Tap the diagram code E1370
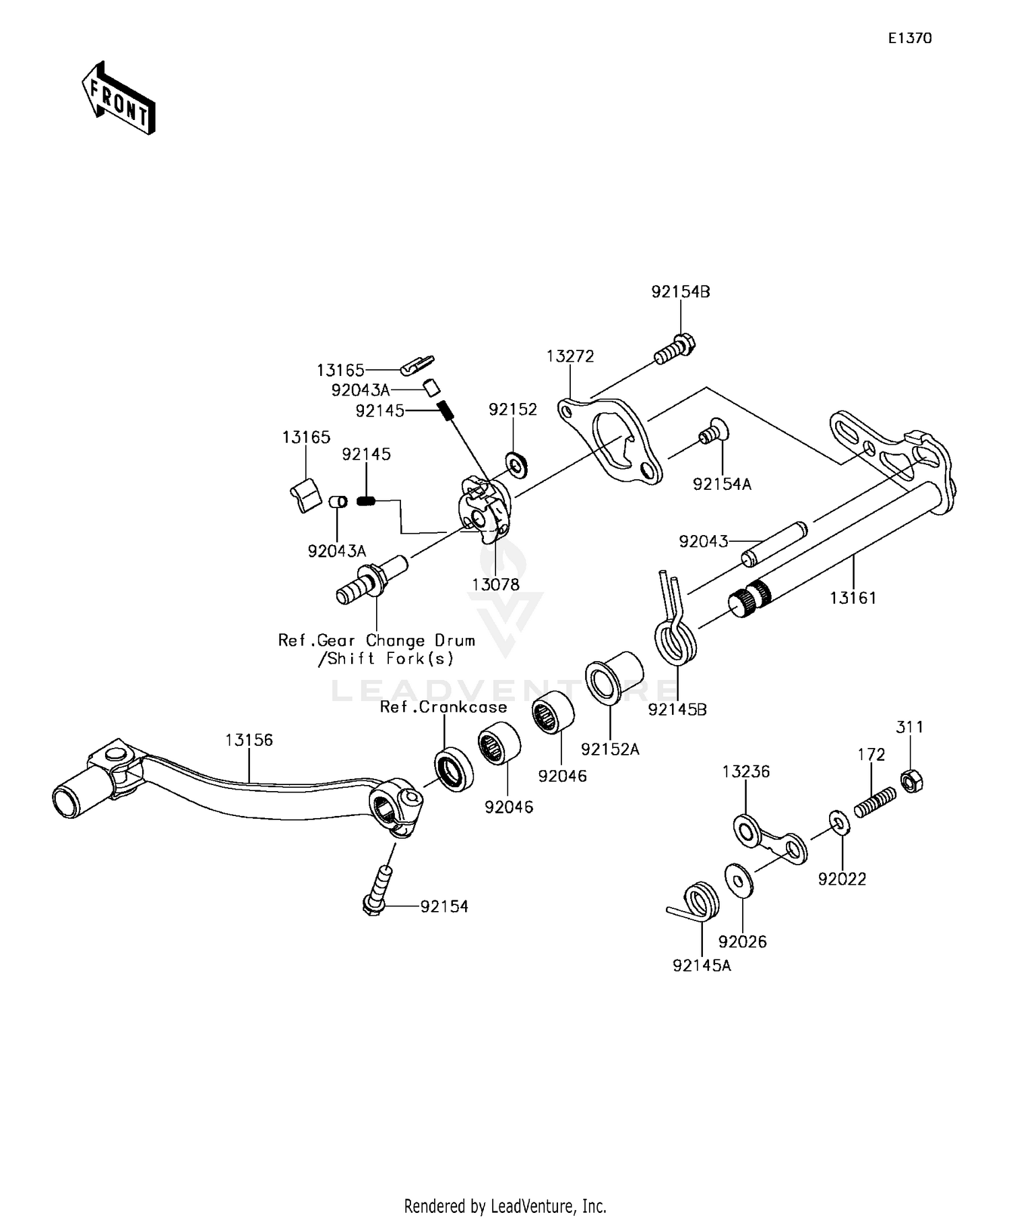pos(909,38)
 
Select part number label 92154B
pos(680,292)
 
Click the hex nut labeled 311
pos(911,781)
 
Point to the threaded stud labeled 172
pos(876,802)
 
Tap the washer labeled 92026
pos(739,880)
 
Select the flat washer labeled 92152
pos(517,464)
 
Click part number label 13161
pos(853,598)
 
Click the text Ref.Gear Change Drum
pos(376,640)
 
